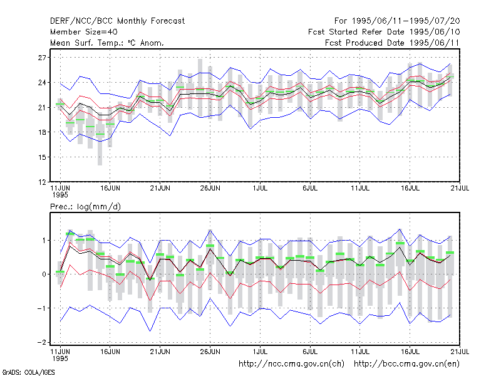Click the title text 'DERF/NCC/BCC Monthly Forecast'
(x=117, y=21)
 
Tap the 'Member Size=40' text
(x=84, y=32)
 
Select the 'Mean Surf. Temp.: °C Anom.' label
(x=107, y=43)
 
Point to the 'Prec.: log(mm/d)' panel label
(x=85, y=207)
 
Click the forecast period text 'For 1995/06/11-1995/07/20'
(x=397, y=21)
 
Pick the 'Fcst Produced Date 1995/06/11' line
(x=392, y=43)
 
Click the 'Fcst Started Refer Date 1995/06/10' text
(x=384, y=32)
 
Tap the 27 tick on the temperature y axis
(x=42, y=58)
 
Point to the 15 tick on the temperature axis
(x=42, y=157)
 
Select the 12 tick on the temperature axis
(x=42, y=182)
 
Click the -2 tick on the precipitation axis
(x=41, y=342)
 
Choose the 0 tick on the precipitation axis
(x=44, y=274)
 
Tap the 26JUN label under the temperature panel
(x=210, y=189)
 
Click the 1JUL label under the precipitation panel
(x=260, y=352)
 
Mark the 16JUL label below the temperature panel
(x=410, y=189)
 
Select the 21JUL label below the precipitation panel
(x=460, y=352)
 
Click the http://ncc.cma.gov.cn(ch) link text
(x=291, y=364)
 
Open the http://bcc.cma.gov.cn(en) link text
(x=406, y=364)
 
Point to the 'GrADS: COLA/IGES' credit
(x=28, y=372)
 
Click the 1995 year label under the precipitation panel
(x=60, y=358)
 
